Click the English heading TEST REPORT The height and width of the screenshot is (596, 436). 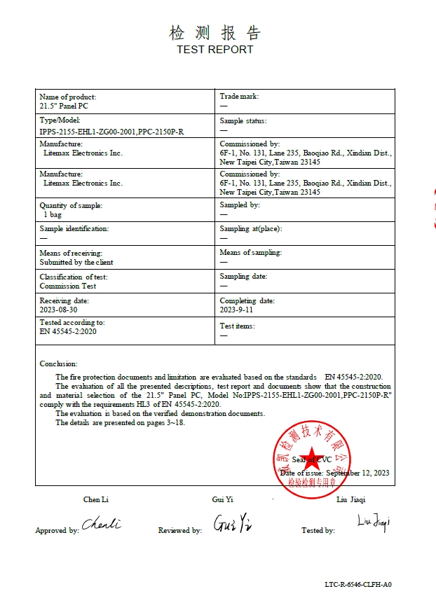214,50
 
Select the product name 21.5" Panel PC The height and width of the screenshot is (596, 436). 64,106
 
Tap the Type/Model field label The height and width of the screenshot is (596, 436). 60,120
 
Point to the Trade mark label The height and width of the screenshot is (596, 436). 239,97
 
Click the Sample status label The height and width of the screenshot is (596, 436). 243,120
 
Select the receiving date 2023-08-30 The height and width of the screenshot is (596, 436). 59,310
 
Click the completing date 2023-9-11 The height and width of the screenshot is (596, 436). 236,310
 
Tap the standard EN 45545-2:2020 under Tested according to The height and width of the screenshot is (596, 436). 68,331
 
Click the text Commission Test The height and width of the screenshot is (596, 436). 68,286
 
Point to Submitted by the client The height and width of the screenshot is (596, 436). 76,262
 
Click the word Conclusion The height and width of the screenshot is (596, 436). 58,363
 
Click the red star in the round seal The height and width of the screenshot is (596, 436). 311,459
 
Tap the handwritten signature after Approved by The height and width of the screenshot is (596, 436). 102,524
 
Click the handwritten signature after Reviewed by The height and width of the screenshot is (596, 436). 233,523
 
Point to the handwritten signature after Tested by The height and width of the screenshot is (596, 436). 373,521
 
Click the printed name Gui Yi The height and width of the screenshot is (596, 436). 222,499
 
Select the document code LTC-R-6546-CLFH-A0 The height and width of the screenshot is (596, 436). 357,584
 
